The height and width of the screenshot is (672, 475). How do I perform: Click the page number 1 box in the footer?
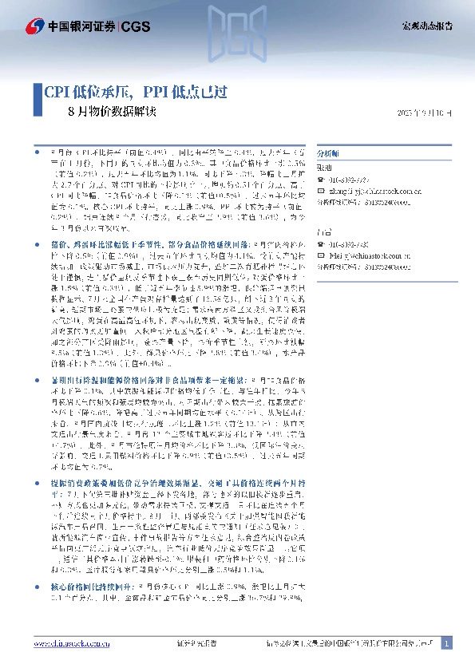click(447, 643)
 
